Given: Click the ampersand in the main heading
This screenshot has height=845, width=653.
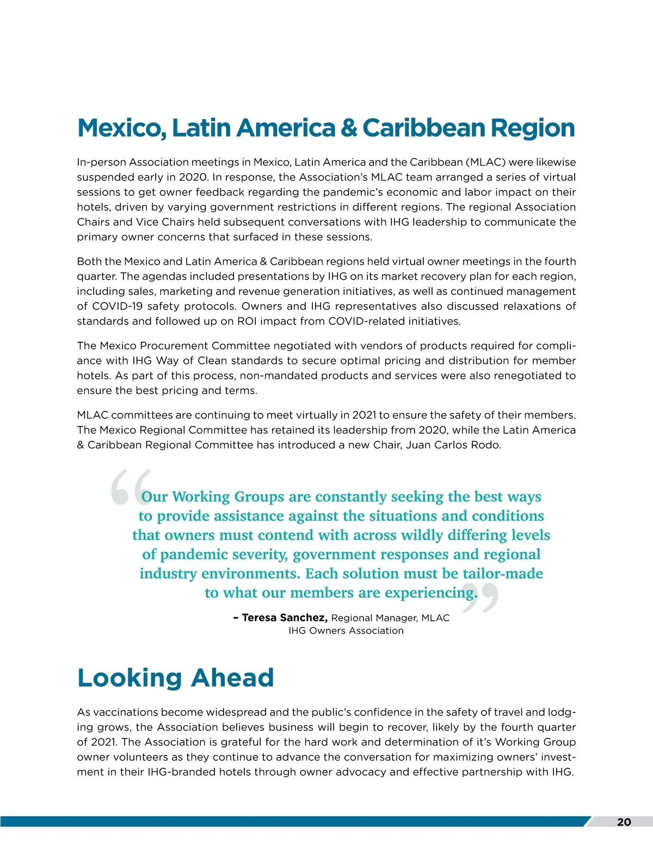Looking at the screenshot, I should [349, 128].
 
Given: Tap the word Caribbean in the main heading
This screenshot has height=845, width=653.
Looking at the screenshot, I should [423, 128].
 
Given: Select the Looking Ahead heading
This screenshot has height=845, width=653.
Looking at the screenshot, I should [175, 678].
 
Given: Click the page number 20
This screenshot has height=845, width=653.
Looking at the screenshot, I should [624, 822].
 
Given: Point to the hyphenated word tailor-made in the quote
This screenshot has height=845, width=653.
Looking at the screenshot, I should [502, 573].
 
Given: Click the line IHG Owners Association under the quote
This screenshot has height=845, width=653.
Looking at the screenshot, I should [346, 631].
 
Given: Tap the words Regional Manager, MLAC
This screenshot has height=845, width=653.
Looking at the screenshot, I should [390, 618].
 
